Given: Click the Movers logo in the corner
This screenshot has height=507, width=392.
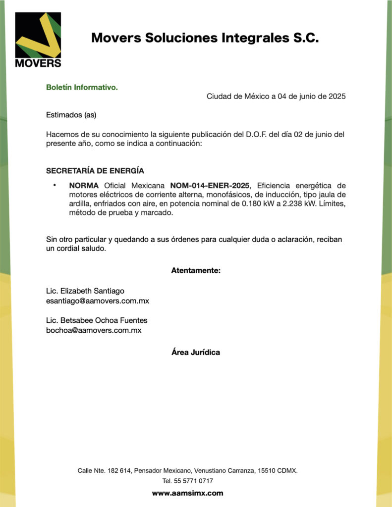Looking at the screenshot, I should (38, 40).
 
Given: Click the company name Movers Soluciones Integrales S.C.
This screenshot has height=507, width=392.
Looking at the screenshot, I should (205, 38).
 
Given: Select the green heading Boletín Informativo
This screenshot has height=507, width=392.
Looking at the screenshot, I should (82, 88).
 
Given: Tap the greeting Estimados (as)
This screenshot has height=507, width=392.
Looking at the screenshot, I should (71, 115).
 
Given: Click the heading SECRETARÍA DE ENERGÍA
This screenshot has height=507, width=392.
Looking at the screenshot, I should (95, 171).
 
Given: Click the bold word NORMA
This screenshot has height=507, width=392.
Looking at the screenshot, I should (84, 186).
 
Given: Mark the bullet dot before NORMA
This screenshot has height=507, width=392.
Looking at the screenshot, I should (55, 185).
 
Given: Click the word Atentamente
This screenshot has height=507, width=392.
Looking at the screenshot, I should (196, 270).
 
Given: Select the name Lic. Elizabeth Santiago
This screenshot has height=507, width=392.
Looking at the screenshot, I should (85, 291).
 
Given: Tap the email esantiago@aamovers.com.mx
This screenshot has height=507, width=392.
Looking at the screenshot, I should (98, 301).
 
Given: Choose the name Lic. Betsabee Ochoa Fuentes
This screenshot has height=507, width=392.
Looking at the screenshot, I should (97, 320).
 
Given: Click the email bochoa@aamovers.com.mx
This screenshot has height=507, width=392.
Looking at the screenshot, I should (94, 330).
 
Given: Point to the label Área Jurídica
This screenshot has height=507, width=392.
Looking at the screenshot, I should (196, 353).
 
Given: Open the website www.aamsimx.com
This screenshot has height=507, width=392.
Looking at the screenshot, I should (187, 493).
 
